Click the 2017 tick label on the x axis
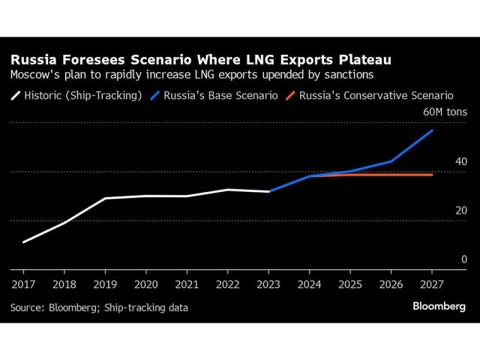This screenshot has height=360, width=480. pos(23,285)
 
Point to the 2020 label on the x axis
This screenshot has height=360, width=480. pos(146,285)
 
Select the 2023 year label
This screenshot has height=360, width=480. pos(268,285)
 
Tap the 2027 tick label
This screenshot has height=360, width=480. pos(432,285)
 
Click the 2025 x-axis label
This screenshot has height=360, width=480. pos(350,285)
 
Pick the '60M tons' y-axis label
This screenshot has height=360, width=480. pos(445,112)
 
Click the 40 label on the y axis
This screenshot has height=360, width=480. pos(461,161)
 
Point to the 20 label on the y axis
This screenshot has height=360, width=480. pos(461,210)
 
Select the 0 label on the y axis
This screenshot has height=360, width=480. pos(464,259)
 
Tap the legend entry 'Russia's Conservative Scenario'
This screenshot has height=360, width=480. pos(376,95)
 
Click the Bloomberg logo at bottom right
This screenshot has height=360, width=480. pos(439,306)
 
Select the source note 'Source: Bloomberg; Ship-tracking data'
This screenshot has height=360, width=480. pos(99,307)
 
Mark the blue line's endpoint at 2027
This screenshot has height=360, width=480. pos(432,130)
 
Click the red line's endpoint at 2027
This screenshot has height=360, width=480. pos(432,175)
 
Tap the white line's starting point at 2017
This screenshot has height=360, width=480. pos(23,242)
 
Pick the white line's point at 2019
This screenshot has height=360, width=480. pos(105,198)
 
